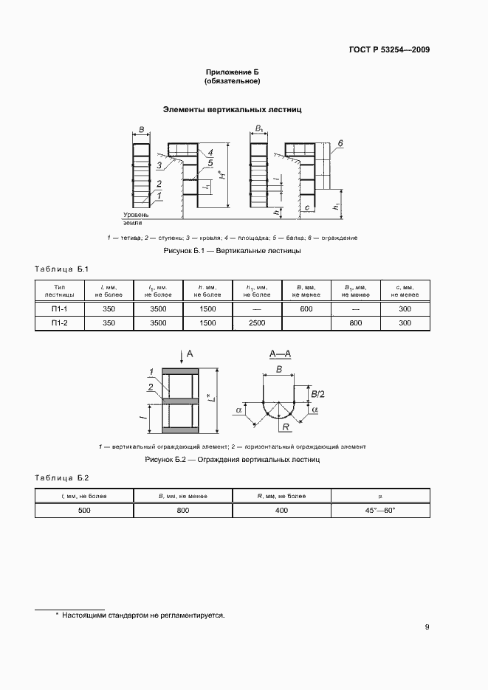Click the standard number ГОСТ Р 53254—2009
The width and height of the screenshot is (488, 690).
point(389,50)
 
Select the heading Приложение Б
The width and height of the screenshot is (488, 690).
point(233,72)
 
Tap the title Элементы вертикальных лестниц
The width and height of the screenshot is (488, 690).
point(233,109)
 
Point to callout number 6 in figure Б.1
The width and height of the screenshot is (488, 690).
point(341,142)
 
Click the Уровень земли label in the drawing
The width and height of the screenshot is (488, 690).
point(136,218)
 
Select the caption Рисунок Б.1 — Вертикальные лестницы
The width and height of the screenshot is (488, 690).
point(232,251)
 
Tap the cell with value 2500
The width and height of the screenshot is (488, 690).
point(257,323)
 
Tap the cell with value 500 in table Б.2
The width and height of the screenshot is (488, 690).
point(84,510)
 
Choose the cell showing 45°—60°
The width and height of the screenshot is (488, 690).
point(380,510)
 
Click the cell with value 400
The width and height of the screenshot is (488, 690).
point(281,510)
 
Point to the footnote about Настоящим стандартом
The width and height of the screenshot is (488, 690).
point(140,615)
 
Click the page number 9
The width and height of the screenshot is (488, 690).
point(427,628)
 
